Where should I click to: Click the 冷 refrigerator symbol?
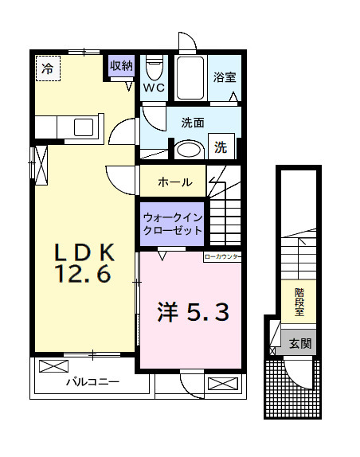48,68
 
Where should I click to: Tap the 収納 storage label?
121,67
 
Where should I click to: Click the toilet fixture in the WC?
155,65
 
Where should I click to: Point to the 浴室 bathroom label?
225,78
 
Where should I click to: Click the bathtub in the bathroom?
190,78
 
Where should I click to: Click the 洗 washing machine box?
221,147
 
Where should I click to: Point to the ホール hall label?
174,182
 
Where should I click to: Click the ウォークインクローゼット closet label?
171,223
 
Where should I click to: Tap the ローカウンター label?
222,257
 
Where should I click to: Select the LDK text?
85,253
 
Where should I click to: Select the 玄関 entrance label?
300,344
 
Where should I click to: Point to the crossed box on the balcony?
53,367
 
